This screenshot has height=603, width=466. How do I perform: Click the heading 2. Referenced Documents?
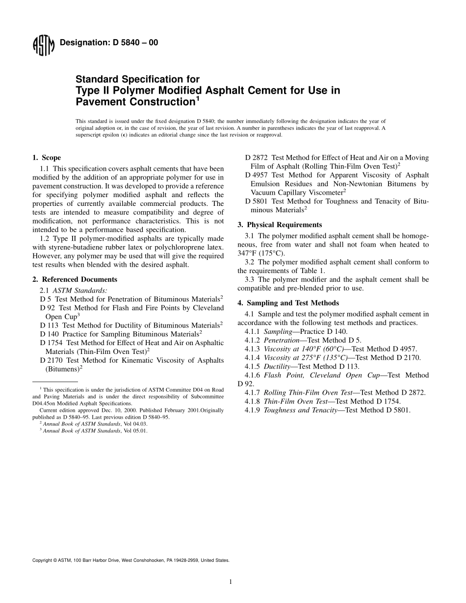(75, 279)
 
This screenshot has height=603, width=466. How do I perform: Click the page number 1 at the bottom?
(230, 582)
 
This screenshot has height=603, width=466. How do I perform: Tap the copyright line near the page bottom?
(130, 560)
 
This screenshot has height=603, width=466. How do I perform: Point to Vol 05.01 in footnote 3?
(135, 431)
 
